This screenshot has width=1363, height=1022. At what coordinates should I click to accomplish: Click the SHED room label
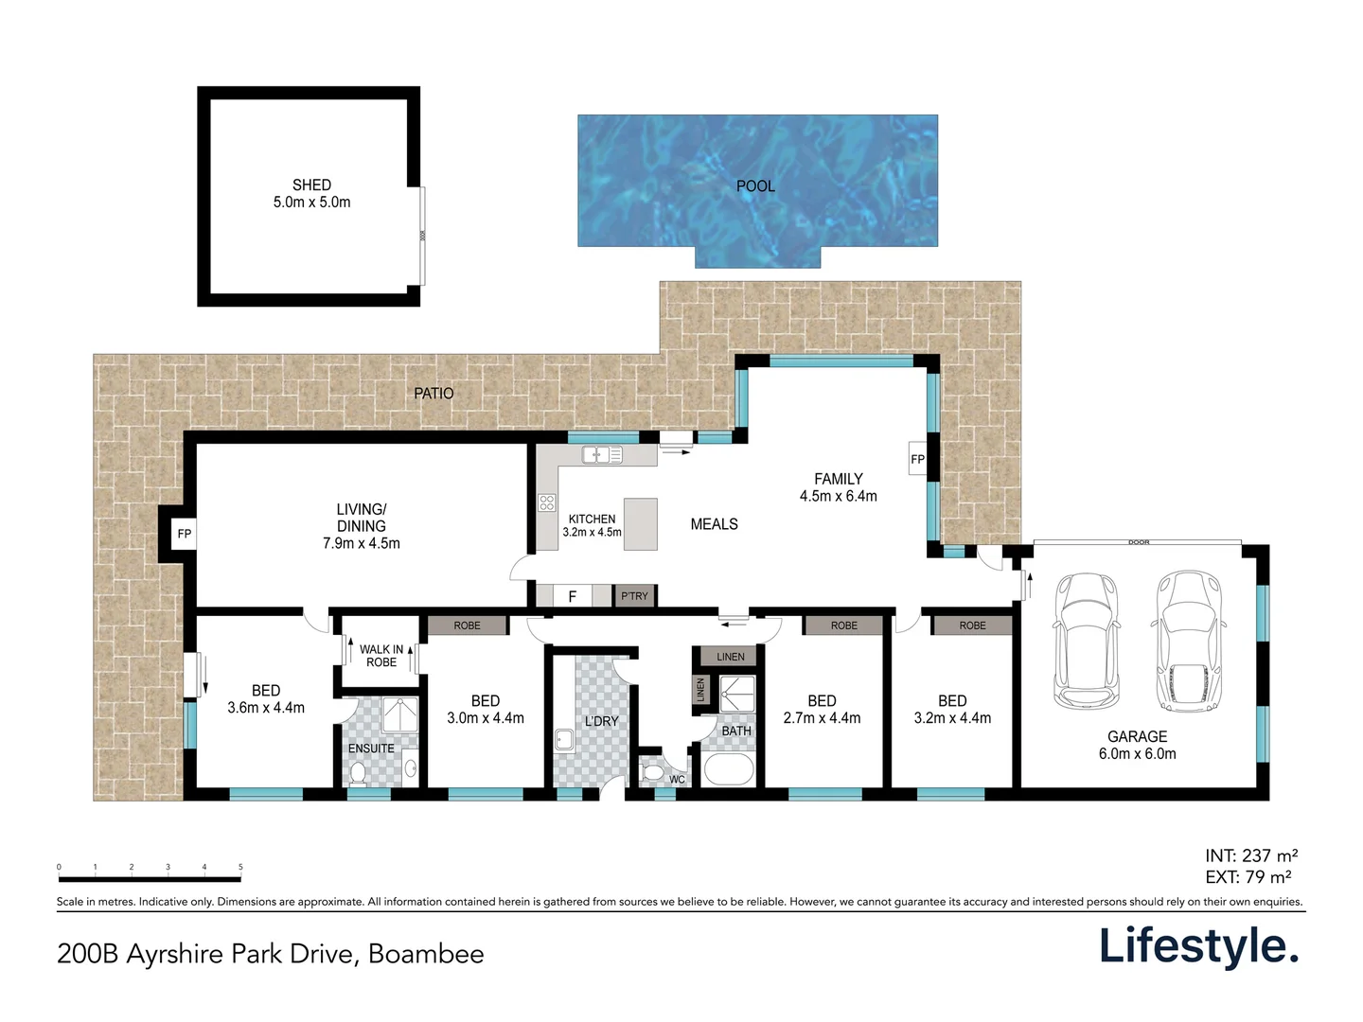point(311,185)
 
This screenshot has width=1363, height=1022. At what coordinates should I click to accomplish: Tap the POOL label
point(755,186)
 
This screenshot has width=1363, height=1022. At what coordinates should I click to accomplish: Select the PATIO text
point(434,394)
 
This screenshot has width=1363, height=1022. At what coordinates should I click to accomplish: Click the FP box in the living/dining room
point(185,535)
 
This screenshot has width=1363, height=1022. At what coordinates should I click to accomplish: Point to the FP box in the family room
point(917,460)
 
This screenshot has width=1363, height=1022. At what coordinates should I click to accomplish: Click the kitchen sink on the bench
point(601,455)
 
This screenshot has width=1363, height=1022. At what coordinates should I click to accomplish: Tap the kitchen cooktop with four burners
point(547,502)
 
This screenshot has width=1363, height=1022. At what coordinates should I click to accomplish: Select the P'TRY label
point(634,596)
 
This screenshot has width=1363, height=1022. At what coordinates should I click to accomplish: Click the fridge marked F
point(572,596)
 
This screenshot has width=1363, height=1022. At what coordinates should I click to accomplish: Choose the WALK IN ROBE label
point(381,656)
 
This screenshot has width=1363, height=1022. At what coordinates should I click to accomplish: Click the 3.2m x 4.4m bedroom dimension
point(952,718)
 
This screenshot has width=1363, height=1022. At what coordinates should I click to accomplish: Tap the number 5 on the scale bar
point(240,867)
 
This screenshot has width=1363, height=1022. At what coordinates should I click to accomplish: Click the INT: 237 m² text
point(1251,856)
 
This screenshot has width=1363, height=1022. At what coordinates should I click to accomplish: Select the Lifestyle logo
point(1198,946)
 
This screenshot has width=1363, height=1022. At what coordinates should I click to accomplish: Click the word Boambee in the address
point(426,954)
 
